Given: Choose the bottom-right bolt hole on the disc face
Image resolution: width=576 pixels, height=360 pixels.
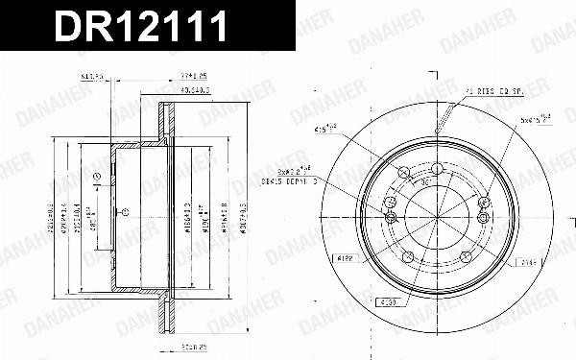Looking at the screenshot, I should [467, 254].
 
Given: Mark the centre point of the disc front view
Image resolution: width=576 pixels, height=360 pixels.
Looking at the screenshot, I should [437, 216].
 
